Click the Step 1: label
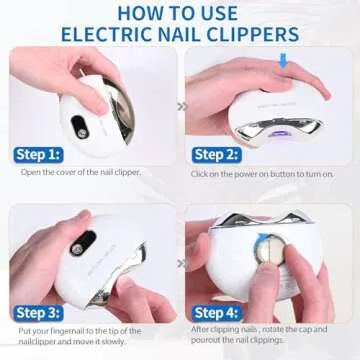click(39, 154)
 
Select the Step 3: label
click(39, 311)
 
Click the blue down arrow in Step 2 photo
click(283, 61)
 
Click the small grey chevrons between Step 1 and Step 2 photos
click(181, 104)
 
